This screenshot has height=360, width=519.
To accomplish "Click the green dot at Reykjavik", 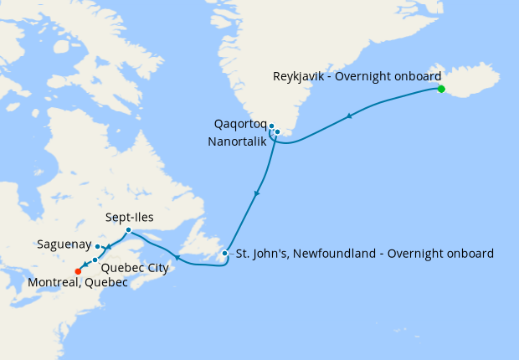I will (x=441, y=89).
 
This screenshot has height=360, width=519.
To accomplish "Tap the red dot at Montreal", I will (x=78, y=270).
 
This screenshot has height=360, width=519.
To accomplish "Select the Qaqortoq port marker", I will (x=271, y=126).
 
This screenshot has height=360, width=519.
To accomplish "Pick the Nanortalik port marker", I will (x=277, y=131).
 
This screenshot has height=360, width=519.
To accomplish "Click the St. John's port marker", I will (x=224, y=253).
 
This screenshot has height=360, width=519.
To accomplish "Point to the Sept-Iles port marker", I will (x=127, y=230).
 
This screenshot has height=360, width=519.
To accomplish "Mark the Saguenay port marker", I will (x=98, y=246).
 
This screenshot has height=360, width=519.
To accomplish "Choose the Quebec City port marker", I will (x=95, y=260).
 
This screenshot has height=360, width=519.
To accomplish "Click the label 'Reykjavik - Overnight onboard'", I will (x=357, y=76).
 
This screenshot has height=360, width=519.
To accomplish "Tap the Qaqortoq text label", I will (x=240, y=126).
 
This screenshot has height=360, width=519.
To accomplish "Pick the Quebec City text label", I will (x=134, y=268).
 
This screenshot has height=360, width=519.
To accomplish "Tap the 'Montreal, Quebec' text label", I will (x=78, y=283).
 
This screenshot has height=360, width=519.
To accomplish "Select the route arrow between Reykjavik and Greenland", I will (x=349, y=116).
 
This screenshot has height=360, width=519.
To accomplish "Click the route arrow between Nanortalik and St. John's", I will (x=257, y=193).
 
